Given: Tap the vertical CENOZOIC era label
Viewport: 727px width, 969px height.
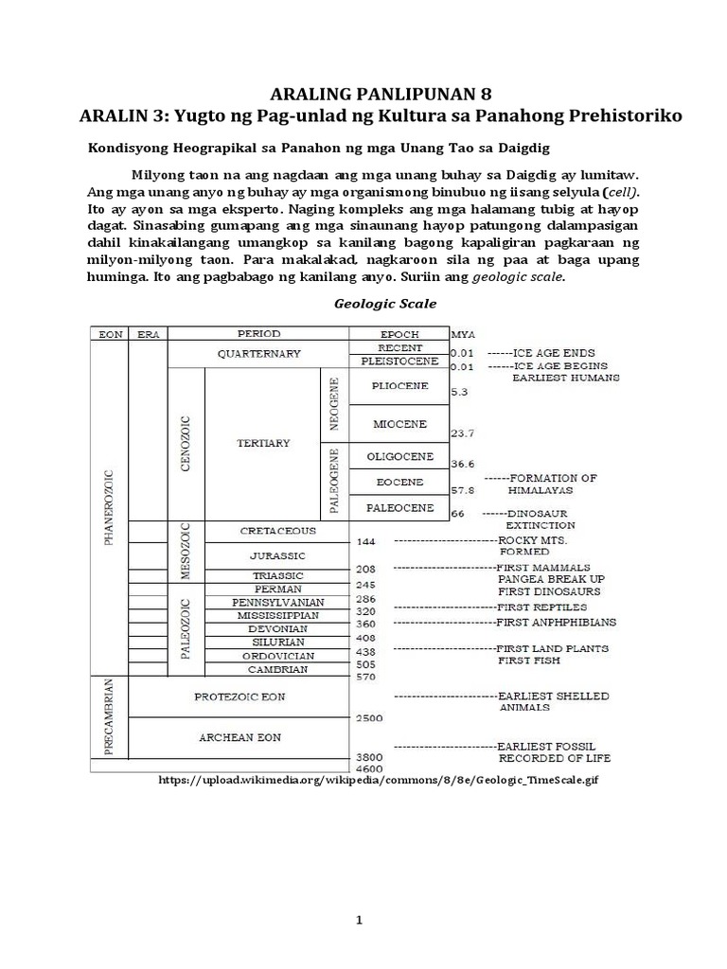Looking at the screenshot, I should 186,443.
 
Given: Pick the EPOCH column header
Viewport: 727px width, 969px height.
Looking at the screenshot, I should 399,333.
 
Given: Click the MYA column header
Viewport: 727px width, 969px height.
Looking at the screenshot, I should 464,334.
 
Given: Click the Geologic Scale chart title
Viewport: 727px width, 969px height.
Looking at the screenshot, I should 370,304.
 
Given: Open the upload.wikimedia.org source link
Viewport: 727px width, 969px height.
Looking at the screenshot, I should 379,781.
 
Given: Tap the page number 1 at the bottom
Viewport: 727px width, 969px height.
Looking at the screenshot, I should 363,921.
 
